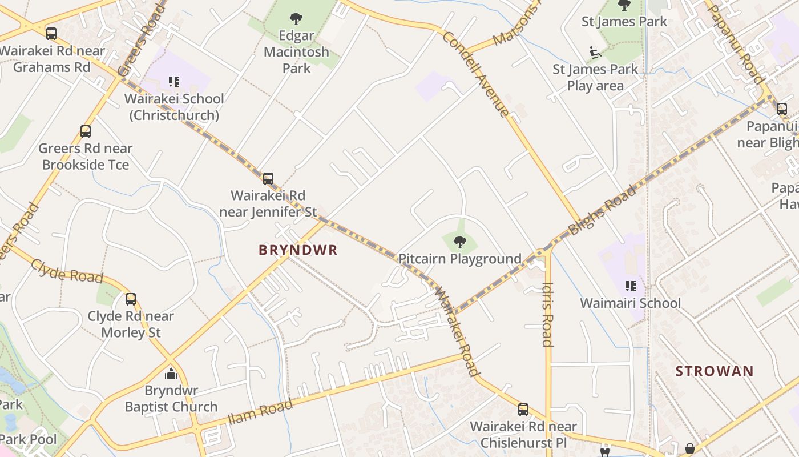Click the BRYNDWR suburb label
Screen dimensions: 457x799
point(298,250)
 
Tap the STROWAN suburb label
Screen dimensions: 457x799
point(715,371)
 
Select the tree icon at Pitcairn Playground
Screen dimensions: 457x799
point(459,242)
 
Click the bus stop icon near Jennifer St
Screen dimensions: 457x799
point(268,178)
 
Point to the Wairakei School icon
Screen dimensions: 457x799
point(174,82)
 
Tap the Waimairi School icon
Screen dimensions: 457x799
point(631,286)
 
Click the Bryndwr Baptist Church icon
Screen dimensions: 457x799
point(171,374)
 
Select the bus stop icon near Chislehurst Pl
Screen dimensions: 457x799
point(523,409)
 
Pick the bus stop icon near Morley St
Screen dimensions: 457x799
point(131,299)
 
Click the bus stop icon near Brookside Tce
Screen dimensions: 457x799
point(86,131)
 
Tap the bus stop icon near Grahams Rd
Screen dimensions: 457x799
point(51,33)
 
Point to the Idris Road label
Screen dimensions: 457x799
point(547,314)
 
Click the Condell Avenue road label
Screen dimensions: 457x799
point(475,73)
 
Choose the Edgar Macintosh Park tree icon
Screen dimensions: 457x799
point(296,19)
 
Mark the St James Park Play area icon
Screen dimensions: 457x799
point(595,53)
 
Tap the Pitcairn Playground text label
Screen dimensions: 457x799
point(459,259)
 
